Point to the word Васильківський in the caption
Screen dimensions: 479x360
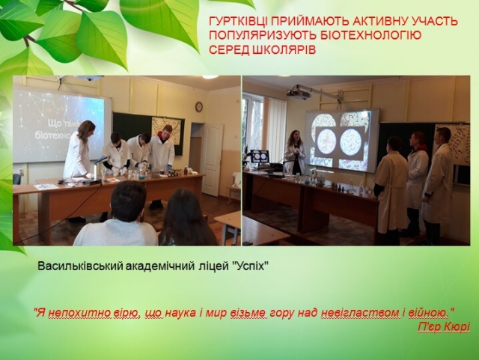click(82, 266)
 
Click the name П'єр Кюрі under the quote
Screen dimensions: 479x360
click(444, 326)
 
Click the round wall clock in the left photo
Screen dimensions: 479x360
click(199, 107)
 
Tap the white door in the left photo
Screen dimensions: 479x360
click(213, 160)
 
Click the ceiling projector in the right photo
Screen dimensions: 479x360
click(299, 92)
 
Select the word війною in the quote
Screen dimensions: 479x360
click(429, 313)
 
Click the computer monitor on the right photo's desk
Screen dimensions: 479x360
click(260, 157)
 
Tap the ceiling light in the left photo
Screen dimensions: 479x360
click(210, 77)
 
